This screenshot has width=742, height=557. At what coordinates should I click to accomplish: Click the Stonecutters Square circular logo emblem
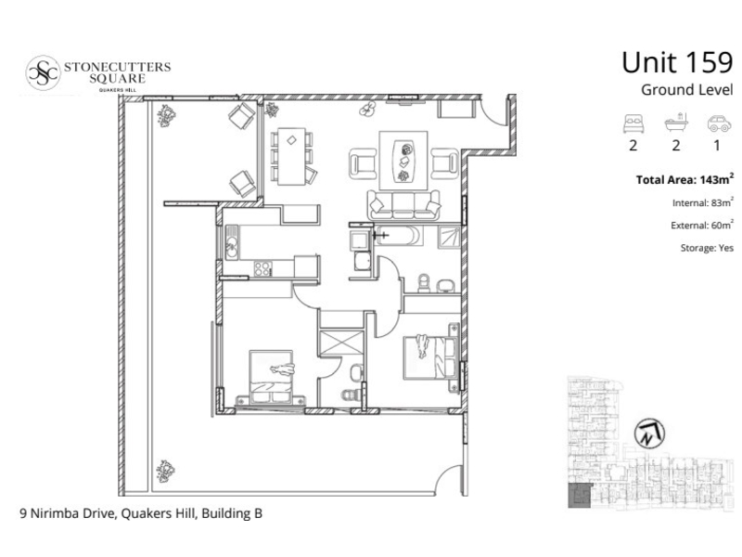tap(43, 73)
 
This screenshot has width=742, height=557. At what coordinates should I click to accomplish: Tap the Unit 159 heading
tap(677, 62)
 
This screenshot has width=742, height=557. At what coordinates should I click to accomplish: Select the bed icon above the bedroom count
tap(633, 123)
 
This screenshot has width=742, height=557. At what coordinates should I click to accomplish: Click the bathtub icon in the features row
tap(676, 123)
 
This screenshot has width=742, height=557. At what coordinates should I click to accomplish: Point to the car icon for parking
tap(719, 123)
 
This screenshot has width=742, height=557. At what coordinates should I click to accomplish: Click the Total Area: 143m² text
tap(684, 179)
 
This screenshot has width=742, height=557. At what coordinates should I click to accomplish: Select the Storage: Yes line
tap(707, 248)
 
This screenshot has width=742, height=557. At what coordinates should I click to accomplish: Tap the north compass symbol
tap(649, 434)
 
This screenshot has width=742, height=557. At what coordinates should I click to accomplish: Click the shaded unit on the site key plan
tap(579, 497)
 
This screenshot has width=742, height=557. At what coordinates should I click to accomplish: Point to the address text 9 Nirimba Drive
tap(68, 513)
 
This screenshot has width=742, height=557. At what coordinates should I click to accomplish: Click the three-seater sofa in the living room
tap(403, 205)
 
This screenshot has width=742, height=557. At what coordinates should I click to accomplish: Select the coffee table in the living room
tap(403, 161)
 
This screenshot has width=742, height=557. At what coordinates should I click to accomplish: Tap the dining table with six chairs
tap(291, 156)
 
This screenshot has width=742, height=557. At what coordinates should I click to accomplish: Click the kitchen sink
tap(231, 242)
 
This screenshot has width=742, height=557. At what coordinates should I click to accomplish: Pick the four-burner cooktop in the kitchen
tap(262, 268)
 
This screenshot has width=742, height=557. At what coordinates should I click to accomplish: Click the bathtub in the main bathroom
tap(399, 236)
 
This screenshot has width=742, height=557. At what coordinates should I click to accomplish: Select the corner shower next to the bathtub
tap(449, 237)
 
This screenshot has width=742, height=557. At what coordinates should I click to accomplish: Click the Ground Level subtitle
tap(686, 89)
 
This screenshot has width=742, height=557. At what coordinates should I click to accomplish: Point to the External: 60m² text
tap(702, 225)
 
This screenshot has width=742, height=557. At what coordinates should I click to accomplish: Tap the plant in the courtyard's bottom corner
tap(166, 471)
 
